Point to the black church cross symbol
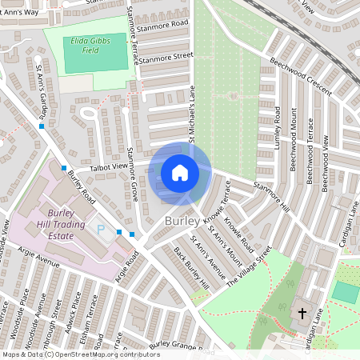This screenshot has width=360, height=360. click(x=302, y=313)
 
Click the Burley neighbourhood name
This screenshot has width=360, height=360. click(x=183, y=219)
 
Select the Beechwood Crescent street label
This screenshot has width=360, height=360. click(x=300, y=76)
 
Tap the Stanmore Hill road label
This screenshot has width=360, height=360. click(x=270, y=196)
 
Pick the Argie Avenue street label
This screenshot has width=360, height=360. click(x=38, y=262)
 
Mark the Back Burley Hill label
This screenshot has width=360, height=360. click(x=190, y=268)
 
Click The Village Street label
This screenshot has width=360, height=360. click(x=249, y=266)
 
